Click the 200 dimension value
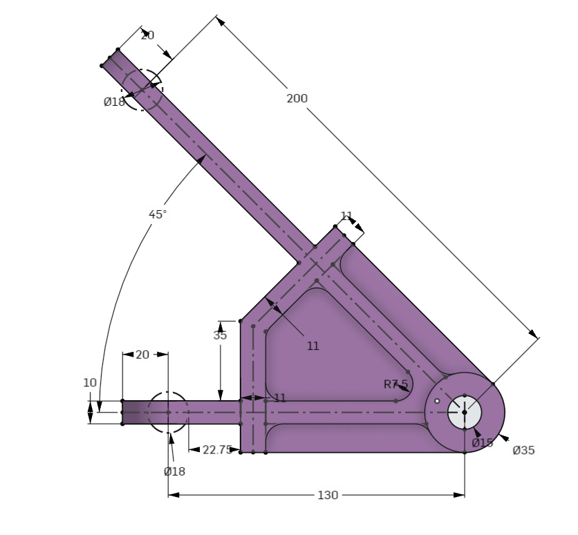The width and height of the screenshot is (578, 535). tap(297, 99)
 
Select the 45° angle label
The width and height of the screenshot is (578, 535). tap(158, 214)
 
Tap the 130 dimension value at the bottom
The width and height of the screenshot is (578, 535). tap(328, 495)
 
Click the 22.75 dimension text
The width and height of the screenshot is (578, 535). tap(216, 450)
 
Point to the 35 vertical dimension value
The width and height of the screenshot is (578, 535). tap(220, 336)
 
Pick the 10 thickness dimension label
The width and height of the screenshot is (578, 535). tap(90, 382)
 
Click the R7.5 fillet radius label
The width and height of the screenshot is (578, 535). tap(395, 384)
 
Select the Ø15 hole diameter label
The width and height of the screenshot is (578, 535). tap(483, 442)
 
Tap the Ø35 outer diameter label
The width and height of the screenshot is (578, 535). tap(523, 451)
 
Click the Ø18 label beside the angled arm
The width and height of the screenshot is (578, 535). tap(114, 102)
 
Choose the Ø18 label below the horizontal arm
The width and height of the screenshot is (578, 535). tap(174, 471)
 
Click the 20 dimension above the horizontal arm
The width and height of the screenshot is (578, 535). tap(142, 355)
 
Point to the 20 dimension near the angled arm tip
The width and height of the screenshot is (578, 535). tap(147, 35)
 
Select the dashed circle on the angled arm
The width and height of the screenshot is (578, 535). tap(142, 90)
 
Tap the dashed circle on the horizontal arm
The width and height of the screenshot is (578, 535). tap(168, 413)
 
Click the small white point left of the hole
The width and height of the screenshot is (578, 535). tap(437, 401)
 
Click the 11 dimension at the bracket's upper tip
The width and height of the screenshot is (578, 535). tap(347, 216)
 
